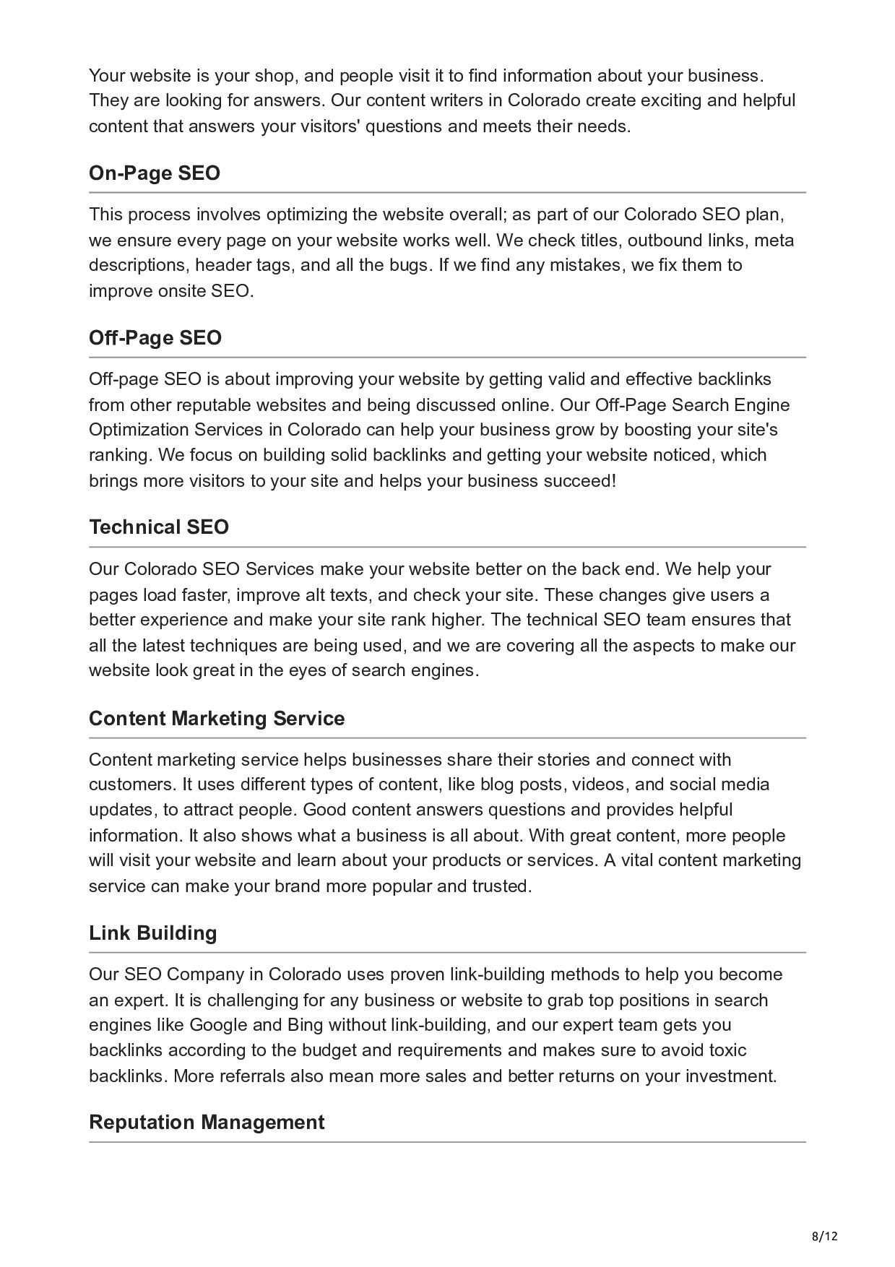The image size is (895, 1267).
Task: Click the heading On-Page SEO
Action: click(x=155, y=173)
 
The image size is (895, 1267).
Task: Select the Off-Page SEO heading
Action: click(x=155, y=338)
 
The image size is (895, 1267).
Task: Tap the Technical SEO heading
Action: click(x=159, y=527)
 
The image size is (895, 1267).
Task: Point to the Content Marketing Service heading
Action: click(x=217, y=719)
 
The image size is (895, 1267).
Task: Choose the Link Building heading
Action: click(x=153, y=933)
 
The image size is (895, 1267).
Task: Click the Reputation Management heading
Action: click(x=207, y=1123)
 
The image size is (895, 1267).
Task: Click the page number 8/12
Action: click(x=825, y=1236)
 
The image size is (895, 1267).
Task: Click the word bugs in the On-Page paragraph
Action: click(x=412, y=265)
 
